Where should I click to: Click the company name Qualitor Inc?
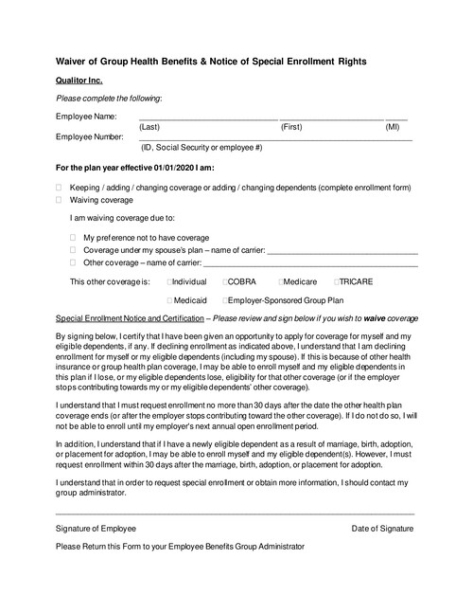(79, 81)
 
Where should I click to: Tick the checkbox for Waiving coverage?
(59, 200)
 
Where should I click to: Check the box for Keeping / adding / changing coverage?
(59, 188)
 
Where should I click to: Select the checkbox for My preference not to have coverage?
(73, 237)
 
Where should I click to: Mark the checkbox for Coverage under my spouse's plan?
(73, 249)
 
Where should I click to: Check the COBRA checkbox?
(226, 281)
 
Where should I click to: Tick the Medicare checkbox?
(282, 281)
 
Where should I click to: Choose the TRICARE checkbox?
(337, 281)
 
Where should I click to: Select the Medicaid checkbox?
(169, 299)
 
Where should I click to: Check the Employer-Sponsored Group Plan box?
(225, 299)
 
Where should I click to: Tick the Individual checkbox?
(169, 281)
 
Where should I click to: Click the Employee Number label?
(90, 136)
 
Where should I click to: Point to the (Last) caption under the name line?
(149, 126)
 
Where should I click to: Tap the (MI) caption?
(393, 126)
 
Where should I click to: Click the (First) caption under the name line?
(291, 126)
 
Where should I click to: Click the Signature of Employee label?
(96, 528)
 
